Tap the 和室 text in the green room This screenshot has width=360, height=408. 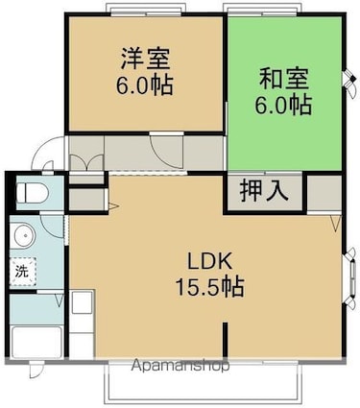point(284,76)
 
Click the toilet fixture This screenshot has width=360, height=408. point(28,192)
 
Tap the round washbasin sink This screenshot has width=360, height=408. point(20,235)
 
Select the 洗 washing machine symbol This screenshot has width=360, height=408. point(21,272)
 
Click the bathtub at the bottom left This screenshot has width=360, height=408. point(36,342)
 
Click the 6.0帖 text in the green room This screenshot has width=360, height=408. point(284,103)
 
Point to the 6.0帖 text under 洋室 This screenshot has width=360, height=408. point(144,84)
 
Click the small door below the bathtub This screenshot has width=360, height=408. point(35,371)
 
